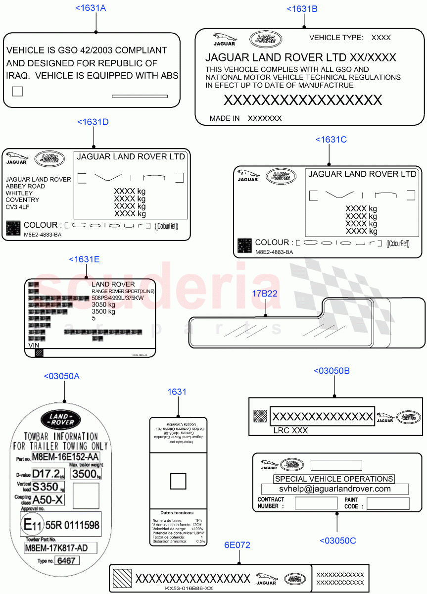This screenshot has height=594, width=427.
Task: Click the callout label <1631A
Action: [91, 8]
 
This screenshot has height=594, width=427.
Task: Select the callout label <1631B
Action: [302, 8]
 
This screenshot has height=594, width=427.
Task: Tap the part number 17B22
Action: [265, 293]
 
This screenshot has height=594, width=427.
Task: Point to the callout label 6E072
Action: [237, 545]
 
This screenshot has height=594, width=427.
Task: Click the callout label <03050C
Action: [337, 541]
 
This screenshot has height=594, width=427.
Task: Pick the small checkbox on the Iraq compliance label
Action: [17, 91]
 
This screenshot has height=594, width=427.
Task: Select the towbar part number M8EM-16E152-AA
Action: [65, 456]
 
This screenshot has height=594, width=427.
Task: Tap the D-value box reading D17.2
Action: [48, 473]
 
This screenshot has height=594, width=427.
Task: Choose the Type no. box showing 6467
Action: [66, 561]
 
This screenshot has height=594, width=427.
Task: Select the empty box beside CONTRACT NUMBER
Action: [316, 503]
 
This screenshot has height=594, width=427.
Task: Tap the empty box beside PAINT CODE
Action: [388, 503]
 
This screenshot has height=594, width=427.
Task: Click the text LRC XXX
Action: [290, 431]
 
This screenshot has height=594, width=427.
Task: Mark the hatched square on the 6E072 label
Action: [122, 578]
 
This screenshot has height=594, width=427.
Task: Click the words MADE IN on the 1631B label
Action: [225, 118]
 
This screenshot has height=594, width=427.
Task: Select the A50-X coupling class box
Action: [48, 499]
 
